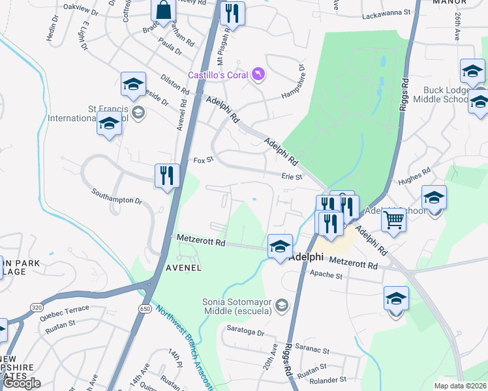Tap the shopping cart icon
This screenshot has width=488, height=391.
point(393,220)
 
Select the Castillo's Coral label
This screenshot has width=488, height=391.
point(218,76)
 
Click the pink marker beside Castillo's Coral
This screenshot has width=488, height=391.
point(260,76)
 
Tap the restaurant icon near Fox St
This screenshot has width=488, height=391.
point(167,176)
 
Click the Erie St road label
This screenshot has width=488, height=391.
point(292,177)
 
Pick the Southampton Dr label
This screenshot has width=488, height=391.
point(117,196)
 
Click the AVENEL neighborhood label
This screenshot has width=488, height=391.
point(183,268)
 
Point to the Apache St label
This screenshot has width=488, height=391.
point(326,276)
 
